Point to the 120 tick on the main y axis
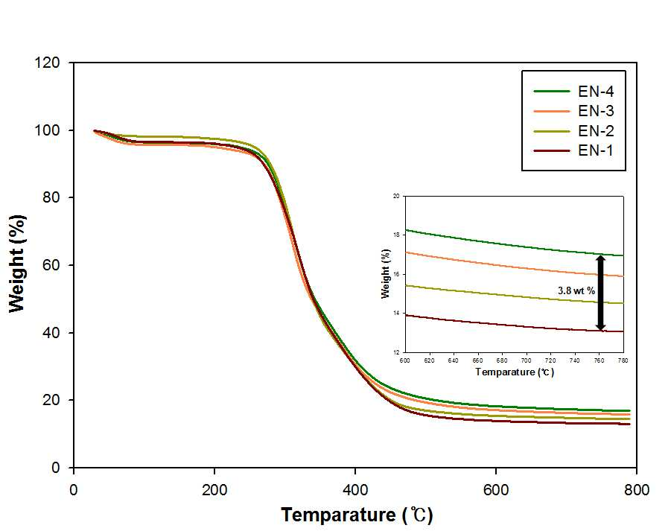coord(47,63)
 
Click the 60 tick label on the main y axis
coord(51,265)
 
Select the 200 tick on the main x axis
coord(214,489)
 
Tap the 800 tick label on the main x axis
coord(637,489)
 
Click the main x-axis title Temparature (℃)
coord(357,515)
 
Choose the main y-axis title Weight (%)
coord(17,264)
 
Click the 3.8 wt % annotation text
coord(576,290)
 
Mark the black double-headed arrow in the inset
coord(600,293)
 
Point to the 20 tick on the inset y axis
coord(396,196)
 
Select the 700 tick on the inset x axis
coord(526,360)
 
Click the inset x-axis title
coord(515,372)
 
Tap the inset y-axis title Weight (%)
coord(386,273)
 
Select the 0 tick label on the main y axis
coord(56,468)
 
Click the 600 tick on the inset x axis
coord(405,360)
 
